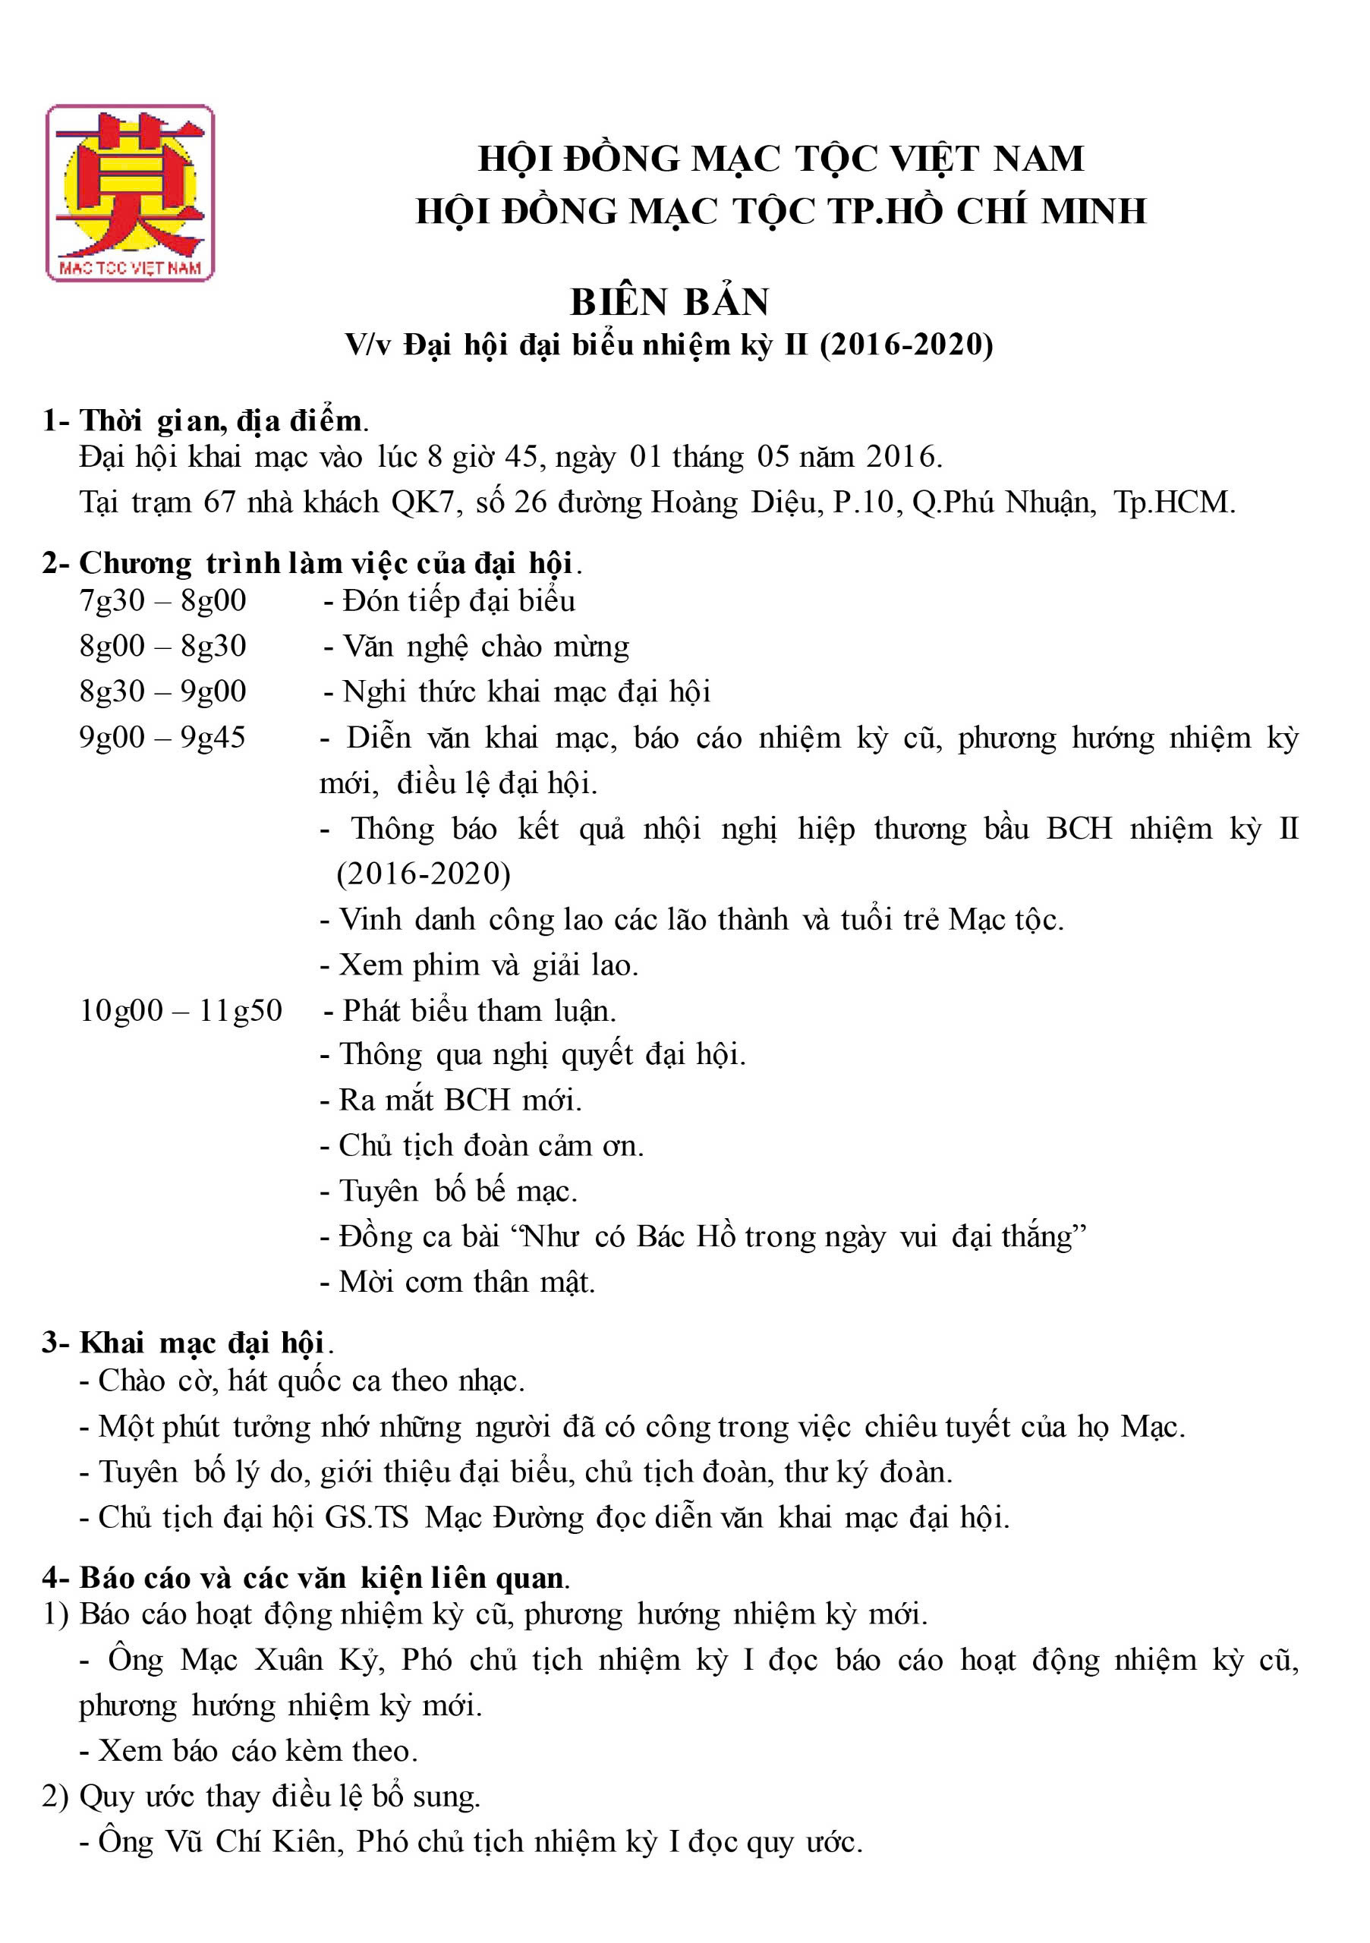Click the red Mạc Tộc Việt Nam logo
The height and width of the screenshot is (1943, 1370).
pos(130,193)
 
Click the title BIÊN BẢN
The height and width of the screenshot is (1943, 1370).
pos(669,302)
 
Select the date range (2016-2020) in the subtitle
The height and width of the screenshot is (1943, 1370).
pos(906,345)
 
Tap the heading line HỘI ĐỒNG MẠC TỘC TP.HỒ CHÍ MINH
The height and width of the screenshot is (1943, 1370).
pos(780,211)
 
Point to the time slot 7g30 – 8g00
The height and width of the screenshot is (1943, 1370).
pos(162,601)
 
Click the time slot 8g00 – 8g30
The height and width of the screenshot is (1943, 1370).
pos(162,647)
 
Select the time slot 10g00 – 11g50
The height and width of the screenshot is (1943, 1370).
pos(180,1010)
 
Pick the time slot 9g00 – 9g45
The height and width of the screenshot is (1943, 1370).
pos(162,737)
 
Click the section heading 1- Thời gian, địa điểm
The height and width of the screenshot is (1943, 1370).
pos(206,420)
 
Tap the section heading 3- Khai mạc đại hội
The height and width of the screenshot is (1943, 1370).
pos(188,1342)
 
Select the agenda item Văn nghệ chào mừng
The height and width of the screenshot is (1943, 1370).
pos(486,647)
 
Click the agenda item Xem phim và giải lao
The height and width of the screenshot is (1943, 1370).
pos(488,965)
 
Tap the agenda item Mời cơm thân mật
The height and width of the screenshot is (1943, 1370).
pos(467,1281)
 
